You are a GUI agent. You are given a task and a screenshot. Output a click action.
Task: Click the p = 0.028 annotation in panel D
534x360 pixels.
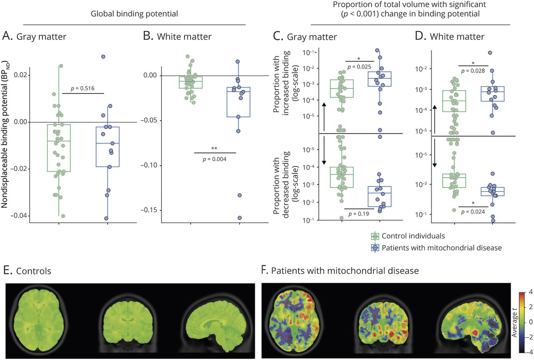(x=473, y=71)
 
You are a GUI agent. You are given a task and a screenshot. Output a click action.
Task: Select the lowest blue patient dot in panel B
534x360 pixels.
(x=239, y=218)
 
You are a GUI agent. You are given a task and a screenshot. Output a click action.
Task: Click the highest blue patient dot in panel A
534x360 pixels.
(x=103, y=56)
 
